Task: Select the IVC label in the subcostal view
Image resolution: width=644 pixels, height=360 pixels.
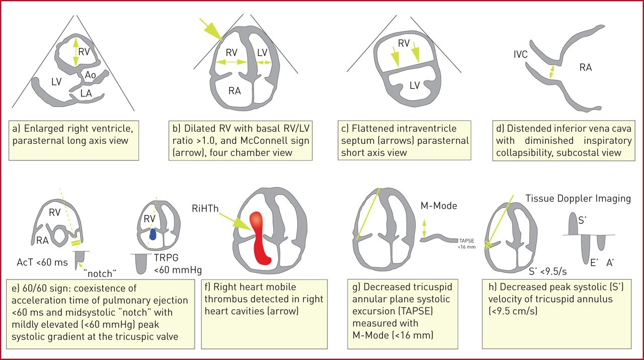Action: (521, 54)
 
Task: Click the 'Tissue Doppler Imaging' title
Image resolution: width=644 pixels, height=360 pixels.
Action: (578, 198)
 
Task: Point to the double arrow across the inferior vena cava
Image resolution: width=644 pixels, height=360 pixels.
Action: (552, 71)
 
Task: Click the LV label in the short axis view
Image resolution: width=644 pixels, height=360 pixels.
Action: (414, 85)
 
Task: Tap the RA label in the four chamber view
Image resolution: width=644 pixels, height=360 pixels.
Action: (234, 91)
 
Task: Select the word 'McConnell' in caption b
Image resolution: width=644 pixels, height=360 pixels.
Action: (285, 140)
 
